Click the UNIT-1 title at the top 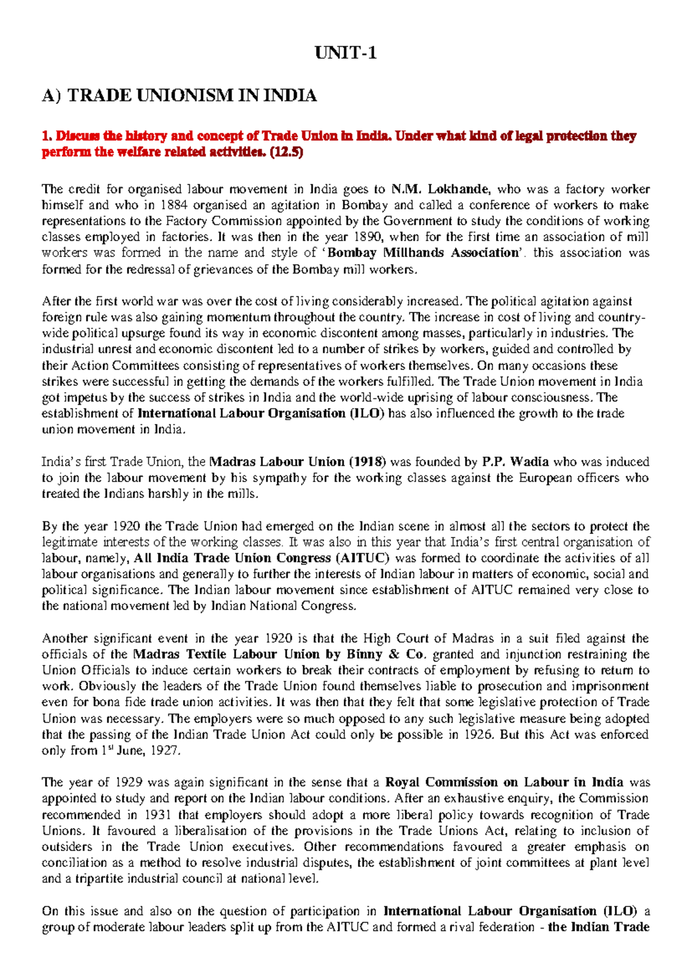click(x=345, y=54)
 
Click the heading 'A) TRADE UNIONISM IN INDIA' click(x=179, y=95)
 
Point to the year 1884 click(x=174, y=205)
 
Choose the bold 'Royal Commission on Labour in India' click(x=504, y=783)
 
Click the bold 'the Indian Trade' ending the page click(x=599, y=927)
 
